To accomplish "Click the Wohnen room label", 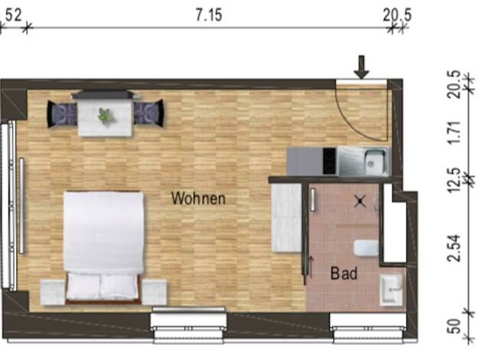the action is click(198, 198).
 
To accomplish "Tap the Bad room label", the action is click(344, 273).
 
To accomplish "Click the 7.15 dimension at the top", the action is click(209, 15).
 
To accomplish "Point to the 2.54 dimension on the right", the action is click(454, 248).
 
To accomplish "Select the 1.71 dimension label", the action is click(454, 133).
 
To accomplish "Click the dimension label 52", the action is click(14, 15).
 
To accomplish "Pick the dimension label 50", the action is click(454, 326).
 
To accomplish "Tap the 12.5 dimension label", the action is click(454, 180).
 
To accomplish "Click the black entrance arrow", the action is click(361, 67).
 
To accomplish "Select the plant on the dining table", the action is click(106, 116).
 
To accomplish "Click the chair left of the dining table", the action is click(62, 114).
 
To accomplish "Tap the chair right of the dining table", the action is click(148, 113).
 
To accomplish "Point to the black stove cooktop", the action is click(330, 161).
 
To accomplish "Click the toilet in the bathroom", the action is click(366, 247).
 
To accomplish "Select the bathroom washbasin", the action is click(391, 290).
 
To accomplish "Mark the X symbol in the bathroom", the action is click(360, 201).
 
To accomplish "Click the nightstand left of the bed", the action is click(53, 292).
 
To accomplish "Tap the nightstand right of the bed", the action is click(155, 292).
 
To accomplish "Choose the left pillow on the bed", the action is click(83, 286).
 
